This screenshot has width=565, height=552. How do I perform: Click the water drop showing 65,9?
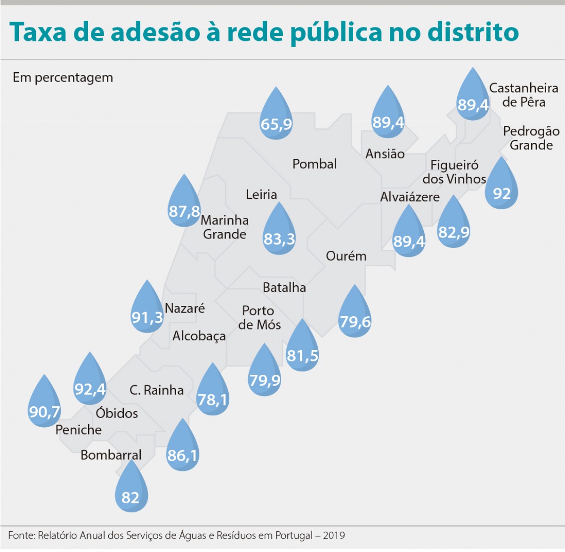click(276, 117)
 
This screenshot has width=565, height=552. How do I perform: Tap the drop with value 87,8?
click(184, 205)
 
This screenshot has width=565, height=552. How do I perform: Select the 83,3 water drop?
click(279, 232)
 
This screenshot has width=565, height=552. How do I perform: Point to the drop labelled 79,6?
click(355, 315)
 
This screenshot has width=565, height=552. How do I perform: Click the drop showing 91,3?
click(147, 311)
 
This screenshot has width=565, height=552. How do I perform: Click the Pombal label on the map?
click(315, 164)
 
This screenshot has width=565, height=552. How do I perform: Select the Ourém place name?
click(346, 256)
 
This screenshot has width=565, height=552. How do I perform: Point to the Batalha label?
click(284, 288)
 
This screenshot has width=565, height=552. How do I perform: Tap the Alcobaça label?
click(199, 336)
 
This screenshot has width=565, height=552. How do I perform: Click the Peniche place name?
click(79, 430)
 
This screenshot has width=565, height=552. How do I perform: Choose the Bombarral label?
click(111, 455)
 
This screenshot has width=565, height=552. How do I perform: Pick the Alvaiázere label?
click(410, 197)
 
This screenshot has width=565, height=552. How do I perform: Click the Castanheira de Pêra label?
click(524, 95)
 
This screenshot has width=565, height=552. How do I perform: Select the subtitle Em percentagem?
click(63, 77)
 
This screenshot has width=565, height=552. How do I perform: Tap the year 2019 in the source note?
click(334, 536)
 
